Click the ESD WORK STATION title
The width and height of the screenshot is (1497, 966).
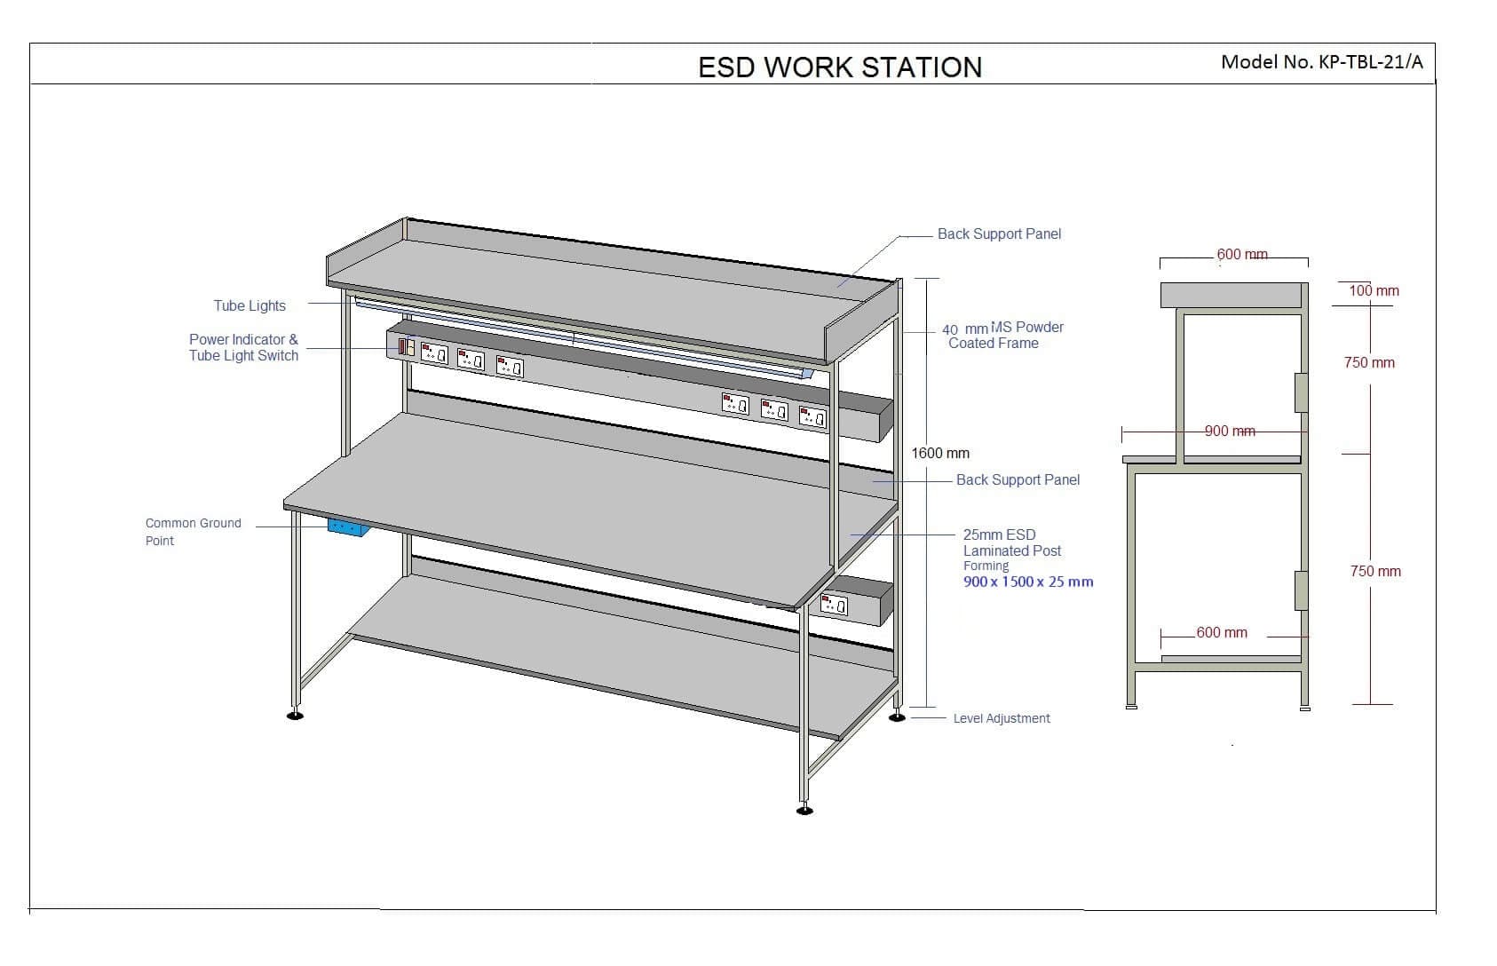pos(840,67)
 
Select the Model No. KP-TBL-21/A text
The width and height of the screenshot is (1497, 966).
pos(1321,61)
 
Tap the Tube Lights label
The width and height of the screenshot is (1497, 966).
pos(249,305)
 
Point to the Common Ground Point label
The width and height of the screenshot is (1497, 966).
pos(193,532)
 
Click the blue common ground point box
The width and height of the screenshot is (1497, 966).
pos(348,527)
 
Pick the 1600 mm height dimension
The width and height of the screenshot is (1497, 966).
pos(940,453)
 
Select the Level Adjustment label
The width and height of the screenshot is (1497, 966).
pos(1001,718)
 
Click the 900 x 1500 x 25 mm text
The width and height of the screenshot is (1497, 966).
pos(1028,582)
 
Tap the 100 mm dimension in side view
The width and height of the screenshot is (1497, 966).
pos(1374,290)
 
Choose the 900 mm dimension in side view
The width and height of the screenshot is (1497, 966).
pos(1230,432)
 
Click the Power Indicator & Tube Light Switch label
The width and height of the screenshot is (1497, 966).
pos(243,347)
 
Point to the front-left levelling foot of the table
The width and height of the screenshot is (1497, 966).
pos(295,714)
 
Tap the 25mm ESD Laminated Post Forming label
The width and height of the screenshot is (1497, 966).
pos(1011,550)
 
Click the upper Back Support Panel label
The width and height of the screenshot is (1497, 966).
pos(999,234)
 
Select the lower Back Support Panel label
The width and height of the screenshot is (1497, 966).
pos(1018,479)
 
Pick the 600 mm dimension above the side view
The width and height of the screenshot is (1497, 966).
pos(1241,255)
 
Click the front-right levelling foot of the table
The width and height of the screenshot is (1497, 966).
pos(804,809)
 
